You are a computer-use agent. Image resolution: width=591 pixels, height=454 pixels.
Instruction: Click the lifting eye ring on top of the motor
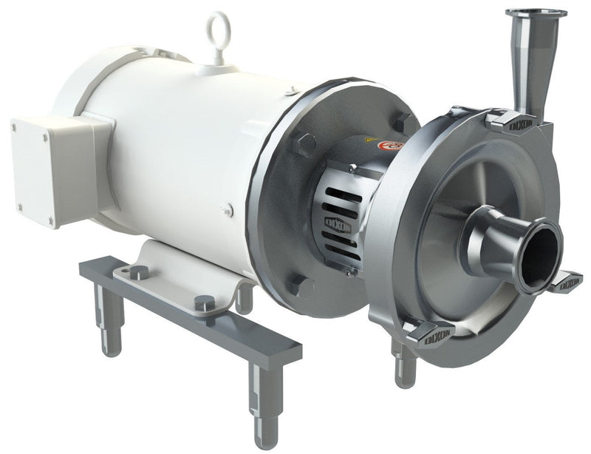(218, 28)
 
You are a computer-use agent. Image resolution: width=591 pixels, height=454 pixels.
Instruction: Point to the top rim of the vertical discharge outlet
(536, 13)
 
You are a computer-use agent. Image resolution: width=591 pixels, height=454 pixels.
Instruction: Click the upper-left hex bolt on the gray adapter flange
(303, 144)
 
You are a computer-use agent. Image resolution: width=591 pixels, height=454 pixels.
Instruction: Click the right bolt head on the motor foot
(204, 303)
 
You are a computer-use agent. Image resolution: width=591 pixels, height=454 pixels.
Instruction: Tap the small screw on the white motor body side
(228, 211)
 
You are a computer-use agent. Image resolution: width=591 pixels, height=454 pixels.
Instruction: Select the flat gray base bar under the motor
(192, 318)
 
